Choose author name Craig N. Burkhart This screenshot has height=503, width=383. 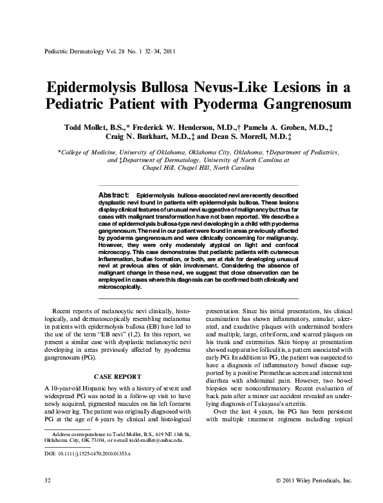(144, 137)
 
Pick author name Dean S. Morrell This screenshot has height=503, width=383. (247, 137)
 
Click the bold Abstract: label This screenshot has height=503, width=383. (113, 194)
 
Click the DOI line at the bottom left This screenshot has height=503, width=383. (87, 453)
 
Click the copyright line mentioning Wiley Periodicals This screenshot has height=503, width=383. (313, 480)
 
